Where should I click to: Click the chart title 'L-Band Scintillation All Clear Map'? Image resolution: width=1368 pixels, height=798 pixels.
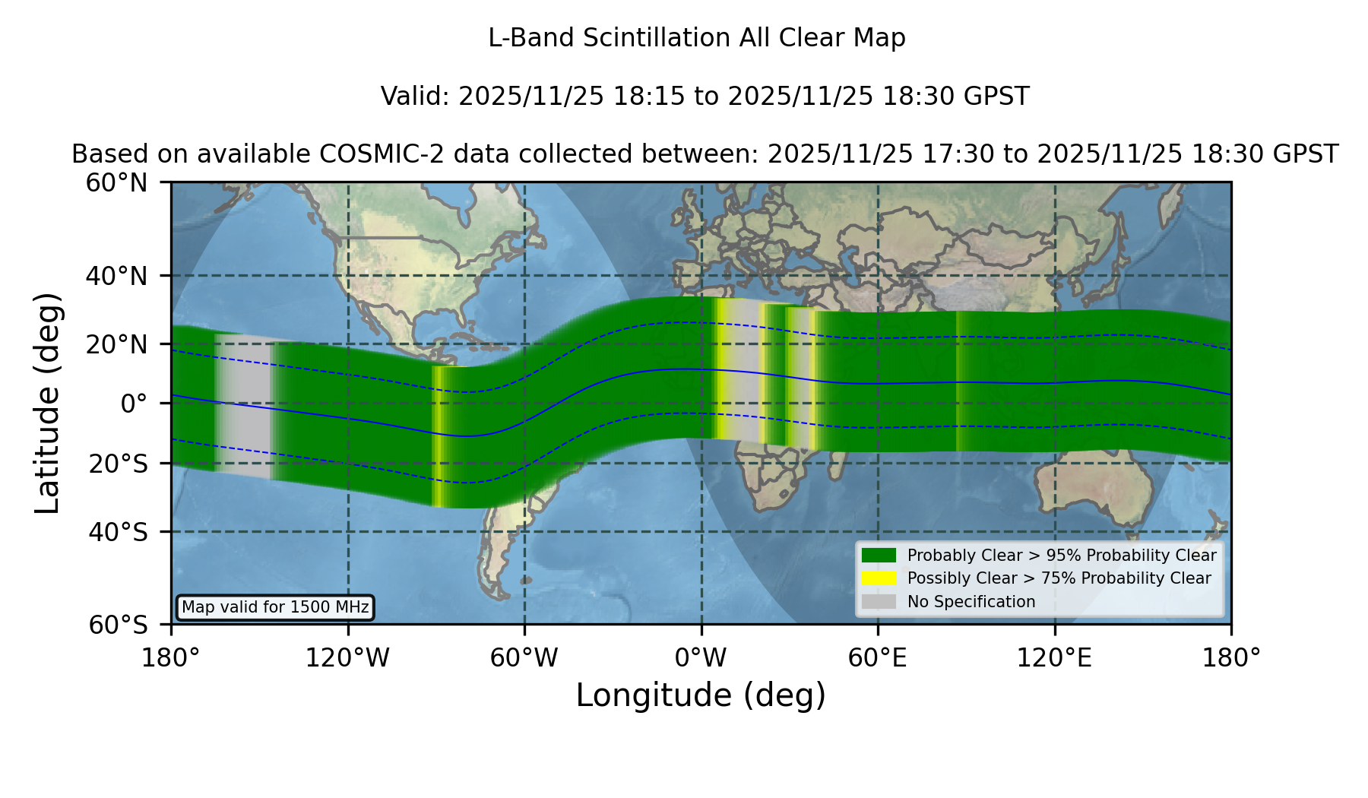point(696,38)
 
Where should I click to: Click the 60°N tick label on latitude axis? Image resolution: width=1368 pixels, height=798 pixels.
point(117,182)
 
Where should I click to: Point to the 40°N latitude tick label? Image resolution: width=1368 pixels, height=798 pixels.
point(117,276)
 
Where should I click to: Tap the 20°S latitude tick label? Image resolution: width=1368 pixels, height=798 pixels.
point(119,464)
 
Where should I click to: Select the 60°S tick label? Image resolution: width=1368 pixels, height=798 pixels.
point(119,625)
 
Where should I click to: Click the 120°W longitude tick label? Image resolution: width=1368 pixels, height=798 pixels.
point(347,657)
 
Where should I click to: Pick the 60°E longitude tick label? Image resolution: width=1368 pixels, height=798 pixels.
point(878,657)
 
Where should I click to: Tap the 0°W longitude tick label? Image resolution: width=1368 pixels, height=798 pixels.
point(701,657)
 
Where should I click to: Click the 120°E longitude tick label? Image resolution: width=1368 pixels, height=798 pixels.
point(1054,657)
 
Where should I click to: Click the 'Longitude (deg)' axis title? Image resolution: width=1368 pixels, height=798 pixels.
point(701,695)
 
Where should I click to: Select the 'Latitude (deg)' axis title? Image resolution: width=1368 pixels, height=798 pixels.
point(47,403)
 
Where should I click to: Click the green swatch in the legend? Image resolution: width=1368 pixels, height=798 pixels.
point(879,556)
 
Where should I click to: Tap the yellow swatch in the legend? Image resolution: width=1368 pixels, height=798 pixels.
point(879,578)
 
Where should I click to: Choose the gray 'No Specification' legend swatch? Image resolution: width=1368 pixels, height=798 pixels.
point(879,602)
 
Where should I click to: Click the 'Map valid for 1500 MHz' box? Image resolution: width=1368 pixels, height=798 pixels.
point(275,607)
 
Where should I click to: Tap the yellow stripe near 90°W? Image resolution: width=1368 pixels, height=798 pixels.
point(438,436)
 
